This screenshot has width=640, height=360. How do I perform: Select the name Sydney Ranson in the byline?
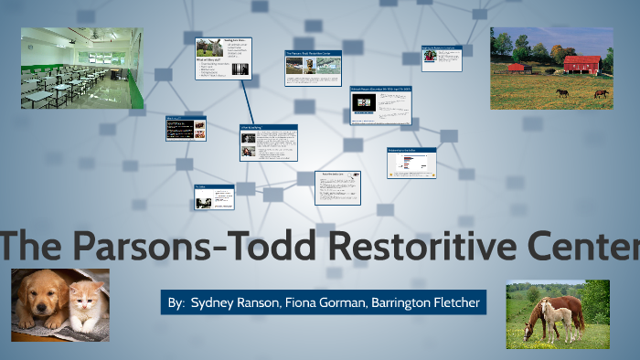232,302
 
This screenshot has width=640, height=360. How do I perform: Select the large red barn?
581,65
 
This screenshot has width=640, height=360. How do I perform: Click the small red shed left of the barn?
517,68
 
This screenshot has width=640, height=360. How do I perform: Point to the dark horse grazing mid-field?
562,91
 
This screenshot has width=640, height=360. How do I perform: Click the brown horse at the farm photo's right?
601,92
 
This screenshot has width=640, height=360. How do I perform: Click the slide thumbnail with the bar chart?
411,162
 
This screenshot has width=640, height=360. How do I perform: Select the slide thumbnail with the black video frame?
379,106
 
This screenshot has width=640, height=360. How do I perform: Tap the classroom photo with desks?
81,68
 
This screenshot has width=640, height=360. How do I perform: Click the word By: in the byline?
176,302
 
